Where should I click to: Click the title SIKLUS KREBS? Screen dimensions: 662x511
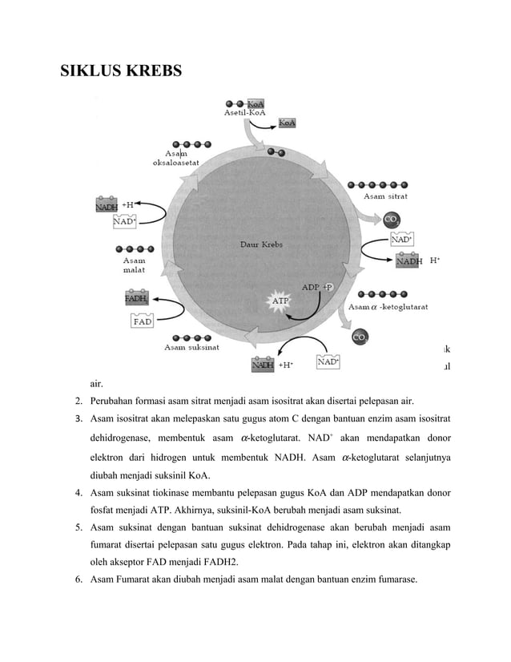click(x=121, y=71)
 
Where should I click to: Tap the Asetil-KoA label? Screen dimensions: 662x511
click(x=244, y=114)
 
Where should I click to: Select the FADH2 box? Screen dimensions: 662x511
click(x=136, y=299)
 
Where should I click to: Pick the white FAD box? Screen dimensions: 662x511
click(x=143, y=321)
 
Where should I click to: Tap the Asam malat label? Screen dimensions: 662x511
click(x=134, y=264)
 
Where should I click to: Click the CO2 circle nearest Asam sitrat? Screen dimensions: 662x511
click(x=392, y=219)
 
